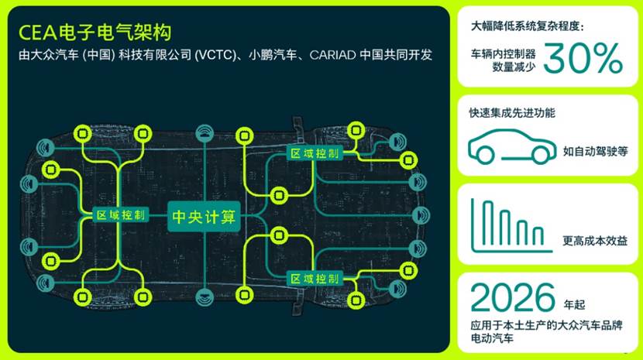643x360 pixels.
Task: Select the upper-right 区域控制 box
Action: [x=314, y=153]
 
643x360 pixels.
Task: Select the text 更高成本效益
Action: [x=595, y=242]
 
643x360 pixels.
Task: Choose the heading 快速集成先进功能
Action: [x=512, y=113]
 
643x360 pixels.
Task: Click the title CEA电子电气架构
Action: [x=94, y=33]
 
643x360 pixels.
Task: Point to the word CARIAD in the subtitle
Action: [x=332, y=57]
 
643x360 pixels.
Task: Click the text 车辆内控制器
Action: [x=504, y=53]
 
